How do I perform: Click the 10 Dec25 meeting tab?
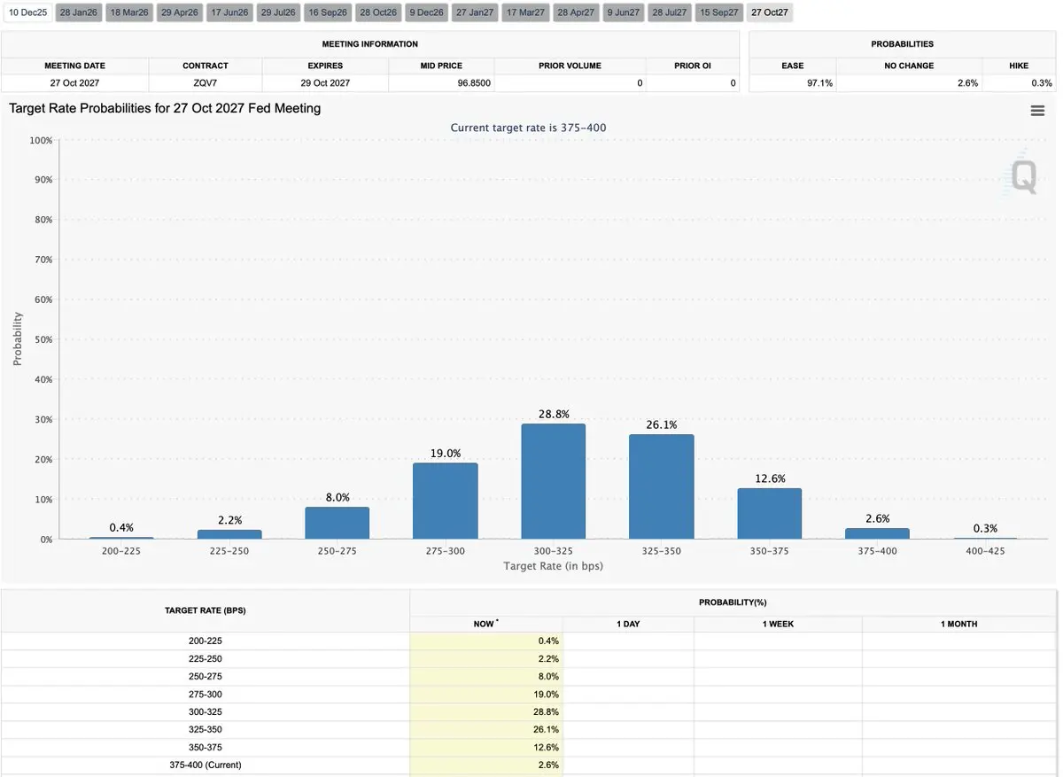coord(27,12)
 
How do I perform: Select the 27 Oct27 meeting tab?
coord(769,12)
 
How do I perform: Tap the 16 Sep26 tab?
coord(328,12)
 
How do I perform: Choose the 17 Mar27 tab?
coord(525,12)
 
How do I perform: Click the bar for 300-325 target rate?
coord(553,481)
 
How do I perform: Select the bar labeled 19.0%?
coord(445,501)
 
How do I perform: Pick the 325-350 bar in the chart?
coord(661,486)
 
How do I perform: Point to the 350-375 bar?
coord(769,514)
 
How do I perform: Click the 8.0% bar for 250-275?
coord(337,523)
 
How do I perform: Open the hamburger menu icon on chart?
coord(1037,110)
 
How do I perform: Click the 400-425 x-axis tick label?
coord(985,551)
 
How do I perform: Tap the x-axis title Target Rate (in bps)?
coord(553,565)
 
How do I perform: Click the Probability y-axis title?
coord(18,339)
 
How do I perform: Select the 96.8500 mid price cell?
coord(440,83)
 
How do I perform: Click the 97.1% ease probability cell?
coord(791,83)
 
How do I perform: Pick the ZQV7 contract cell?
coord(205,83)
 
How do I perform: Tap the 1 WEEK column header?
coord(778,624)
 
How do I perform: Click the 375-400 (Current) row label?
coord(205,765)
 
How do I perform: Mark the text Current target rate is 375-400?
coord(528,128)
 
